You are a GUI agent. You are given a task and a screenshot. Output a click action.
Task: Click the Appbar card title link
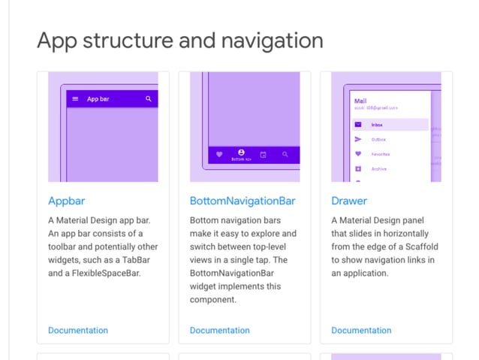pos(68,201)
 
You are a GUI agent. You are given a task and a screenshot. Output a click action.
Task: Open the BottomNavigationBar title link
pos(243,201)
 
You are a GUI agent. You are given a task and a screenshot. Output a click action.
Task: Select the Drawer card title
pos(349,201)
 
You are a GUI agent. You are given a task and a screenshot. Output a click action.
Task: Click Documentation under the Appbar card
pos(78,330)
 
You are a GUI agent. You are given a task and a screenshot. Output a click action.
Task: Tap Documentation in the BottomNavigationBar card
pos(219,330)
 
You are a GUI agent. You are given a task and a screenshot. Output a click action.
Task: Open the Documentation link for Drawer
pos(361,330)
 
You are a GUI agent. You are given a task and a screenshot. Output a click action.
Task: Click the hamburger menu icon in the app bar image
pos(75,98)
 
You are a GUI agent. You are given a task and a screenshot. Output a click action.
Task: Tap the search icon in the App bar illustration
pos(149,98)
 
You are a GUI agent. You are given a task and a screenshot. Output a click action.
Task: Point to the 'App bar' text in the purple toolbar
pos(98,98)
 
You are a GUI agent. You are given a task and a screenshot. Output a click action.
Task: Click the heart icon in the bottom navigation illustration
pos(219,155)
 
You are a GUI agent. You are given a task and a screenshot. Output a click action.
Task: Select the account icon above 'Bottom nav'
pos(241,152)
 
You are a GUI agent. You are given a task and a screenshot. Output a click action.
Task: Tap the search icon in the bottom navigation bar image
pos(285,155)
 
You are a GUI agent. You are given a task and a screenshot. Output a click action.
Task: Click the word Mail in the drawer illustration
pos(360,101)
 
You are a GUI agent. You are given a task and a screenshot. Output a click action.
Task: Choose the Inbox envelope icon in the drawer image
pos(358,125)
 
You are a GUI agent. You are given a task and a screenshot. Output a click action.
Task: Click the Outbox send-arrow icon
pos(358,139)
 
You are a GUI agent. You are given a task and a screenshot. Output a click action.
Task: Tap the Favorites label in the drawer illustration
pos(381,154)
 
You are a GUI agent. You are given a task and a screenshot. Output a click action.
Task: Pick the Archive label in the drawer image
pos(379,169)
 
